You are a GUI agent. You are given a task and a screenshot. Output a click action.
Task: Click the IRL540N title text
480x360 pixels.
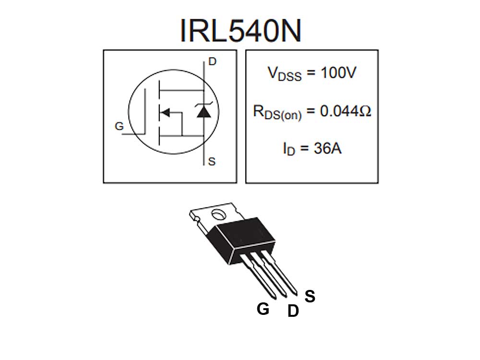tap(240, 30)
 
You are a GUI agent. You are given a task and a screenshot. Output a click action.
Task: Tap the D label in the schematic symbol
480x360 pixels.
tap(212, 61)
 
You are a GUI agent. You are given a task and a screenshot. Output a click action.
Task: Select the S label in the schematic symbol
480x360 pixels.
tap(212, 162)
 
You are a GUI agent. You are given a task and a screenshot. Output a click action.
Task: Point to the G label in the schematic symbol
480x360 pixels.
tap(119, 127)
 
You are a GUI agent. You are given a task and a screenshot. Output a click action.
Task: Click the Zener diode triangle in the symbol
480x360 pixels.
tap(204, 112)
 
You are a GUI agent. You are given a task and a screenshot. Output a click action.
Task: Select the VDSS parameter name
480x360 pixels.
tap(285, 74)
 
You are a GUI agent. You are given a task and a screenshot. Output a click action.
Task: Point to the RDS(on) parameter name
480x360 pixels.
tap(277, 113)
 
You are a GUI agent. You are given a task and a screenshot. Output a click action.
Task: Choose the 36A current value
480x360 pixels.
tap(327, 148)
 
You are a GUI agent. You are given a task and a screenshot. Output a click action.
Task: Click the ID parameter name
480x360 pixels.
tap(289, 149)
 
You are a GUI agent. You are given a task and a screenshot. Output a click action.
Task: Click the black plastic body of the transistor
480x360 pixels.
tap(242, 238)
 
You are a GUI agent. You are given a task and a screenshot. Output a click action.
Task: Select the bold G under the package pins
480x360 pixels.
tap(263, 309)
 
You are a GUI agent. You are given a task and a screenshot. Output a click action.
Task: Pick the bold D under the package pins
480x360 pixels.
tap(293, 312)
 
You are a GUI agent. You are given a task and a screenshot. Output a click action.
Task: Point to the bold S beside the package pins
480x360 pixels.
tap(310, 297)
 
